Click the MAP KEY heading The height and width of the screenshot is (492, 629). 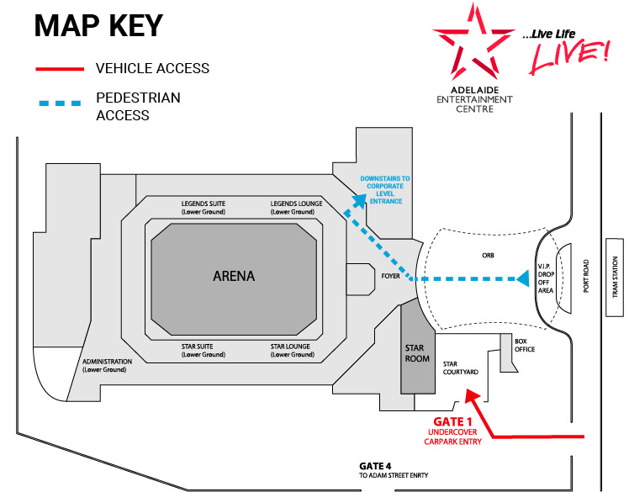[x=98, y=25]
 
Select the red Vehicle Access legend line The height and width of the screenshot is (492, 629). [x=59, y=68]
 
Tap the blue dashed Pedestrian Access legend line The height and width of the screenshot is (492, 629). [x=59, y=103]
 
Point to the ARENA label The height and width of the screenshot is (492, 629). [x=234, y=276]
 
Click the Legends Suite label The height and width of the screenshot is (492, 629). [x=203, y=208]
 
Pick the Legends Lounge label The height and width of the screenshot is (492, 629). [x=292, y=208]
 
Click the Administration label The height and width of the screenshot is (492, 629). [x=104, y=366]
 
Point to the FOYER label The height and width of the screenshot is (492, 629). [x=389, y=276]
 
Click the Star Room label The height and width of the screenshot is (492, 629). [x=418, y=352]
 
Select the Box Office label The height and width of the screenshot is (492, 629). [x=525, y=345]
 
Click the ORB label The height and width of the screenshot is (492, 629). [x=487, y=256]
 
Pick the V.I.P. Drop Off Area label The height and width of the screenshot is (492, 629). [x=546, y=276]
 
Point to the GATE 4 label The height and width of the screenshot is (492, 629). [x=376, y=466]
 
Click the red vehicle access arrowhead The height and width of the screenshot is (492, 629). [x=470, y=394]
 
